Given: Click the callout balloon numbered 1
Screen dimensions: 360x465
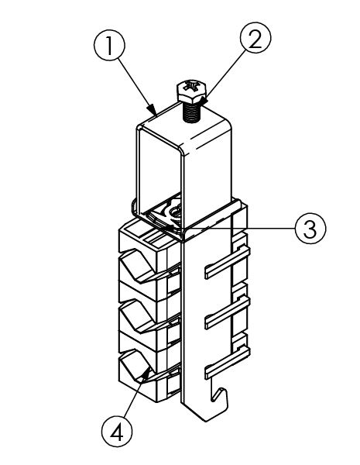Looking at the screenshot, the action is [x=109, y=46].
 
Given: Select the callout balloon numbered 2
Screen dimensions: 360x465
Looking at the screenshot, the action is [x=255, y=38].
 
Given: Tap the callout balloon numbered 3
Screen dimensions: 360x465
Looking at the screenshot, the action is [x=310, y=229].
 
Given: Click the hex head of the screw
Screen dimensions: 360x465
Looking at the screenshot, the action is [x=192, y=91].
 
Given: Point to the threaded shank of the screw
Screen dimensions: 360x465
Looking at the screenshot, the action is [x=192, y=112].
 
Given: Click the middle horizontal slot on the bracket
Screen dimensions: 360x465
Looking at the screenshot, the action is [x=228, y=312].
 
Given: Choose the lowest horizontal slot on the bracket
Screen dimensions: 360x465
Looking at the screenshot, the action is [x=228, y=363].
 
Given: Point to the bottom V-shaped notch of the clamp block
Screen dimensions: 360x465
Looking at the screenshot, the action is [x=137, y=365].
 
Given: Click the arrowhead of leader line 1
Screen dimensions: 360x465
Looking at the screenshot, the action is [x=153, y=110].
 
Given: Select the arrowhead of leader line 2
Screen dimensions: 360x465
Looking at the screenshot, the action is [x=204, y=100].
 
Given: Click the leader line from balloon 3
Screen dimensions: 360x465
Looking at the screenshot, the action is [x=239, y=229].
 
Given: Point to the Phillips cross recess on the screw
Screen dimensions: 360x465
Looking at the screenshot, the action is [x=191, y=87].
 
